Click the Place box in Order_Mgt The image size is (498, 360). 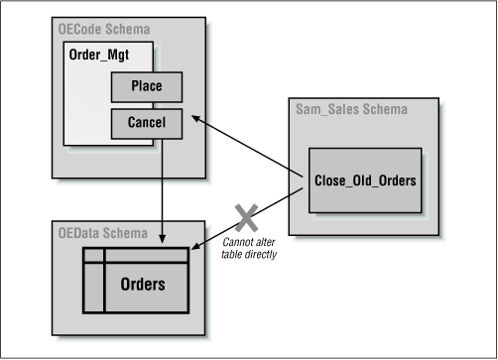[148, 88]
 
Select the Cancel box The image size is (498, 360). [148, 124]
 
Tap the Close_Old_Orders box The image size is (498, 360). [364, 180]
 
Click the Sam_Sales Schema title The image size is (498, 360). [350, 108]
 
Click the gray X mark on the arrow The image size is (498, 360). [242, 216]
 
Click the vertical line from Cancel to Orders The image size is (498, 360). [162, 188]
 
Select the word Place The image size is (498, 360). [148, 88]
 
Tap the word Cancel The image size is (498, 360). [148, 124]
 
